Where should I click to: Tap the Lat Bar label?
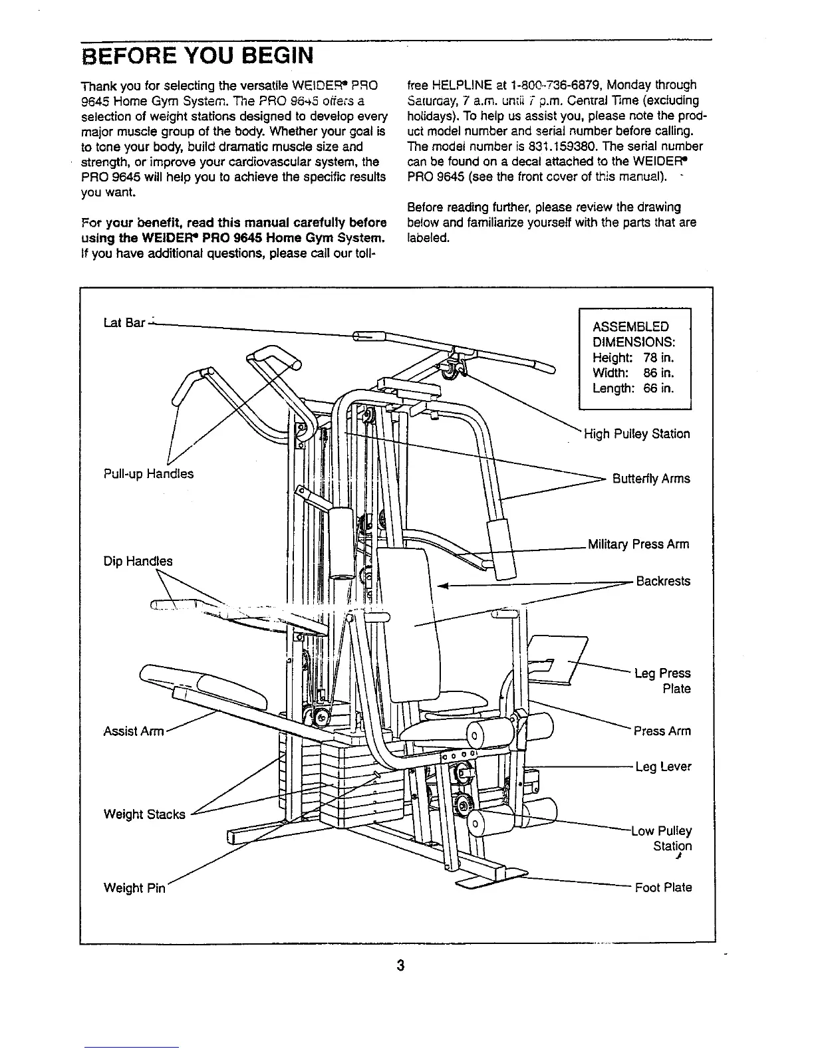tap(124, 322)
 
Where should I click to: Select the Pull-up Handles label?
tap(148, 473)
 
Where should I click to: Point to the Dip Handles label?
tap(138, 561)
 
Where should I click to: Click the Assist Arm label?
tap(133, 731)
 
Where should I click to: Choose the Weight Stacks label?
tap(144, 814)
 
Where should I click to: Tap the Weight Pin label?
tap(133, 887)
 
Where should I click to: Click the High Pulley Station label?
tap(636, 434)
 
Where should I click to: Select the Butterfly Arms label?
tap(651, 479)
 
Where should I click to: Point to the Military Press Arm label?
tap(638, 544)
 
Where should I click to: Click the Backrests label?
tap(663, 581)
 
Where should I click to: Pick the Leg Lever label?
tap(663, 766)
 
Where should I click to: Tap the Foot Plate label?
tap(663, 887)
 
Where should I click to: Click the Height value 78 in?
tap(658, 358)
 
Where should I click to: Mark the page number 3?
tap(400, 965)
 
